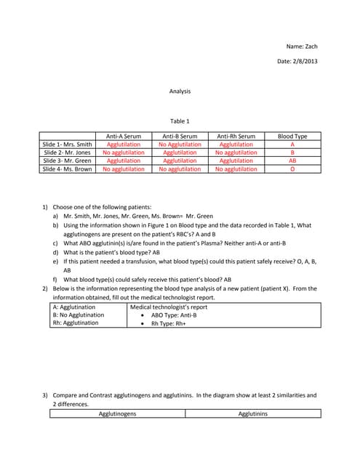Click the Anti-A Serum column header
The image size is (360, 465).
(124, 136)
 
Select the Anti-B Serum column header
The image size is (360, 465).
(180, 136)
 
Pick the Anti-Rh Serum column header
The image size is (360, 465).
(236, 136)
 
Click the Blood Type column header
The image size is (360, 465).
(292, 136)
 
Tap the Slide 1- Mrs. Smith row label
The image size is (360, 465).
(68, 145)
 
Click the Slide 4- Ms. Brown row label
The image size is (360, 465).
(68, 169)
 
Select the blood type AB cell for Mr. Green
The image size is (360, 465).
(292, 161)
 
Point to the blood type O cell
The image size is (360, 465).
(292, 169)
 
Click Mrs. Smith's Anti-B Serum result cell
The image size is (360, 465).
(180, 145)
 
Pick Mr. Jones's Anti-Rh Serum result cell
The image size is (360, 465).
(236, 153)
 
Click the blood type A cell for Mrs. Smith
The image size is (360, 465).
(292, 145)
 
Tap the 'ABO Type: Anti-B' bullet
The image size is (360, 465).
(177, 315)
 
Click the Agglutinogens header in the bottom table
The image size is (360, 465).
(117, 414)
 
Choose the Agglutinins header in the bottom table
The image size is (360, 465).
(253, 414)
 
